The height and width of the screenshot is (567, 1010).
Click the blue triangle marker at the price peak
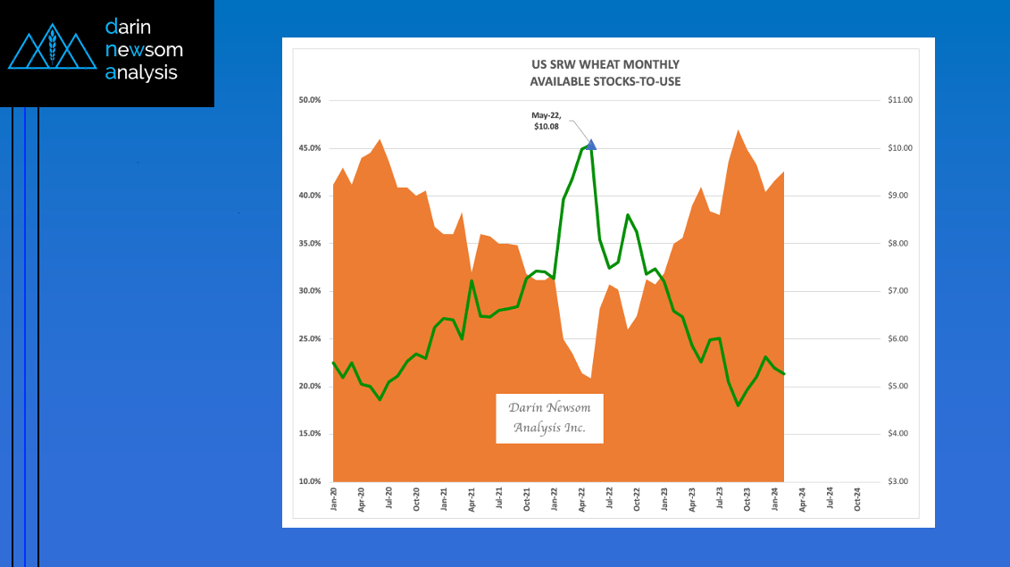tap(590, 144)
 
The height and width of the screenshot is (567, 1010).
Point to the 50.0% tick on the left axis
tap(309, 100)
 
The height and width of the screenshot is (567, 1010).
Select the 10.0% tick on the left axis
tap(309, 481)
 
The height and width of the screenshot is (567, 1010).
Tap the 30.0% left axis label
tap(309, 291)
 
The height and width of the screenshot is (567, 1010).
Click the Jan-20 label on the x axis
tap(334, 498)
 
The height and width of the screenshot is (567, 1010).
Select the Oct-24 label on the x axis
tap(858, 498)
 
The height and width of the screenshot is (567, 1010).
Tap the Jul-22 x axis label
tap(610, 498)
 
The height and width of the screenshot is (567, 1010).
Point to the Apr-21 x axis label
tap(472, 498)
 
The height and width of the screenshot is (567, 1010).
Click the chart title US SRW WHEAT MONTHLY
tap(604, 64)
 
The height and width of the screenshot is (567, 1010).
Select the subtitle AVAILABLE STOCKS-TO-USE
tap(604, 81)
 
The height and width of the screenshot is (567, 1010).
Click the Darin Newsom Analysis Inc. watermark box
tap(549, 418)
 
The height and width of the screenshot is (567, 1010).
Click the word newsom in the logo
tap(144, 50)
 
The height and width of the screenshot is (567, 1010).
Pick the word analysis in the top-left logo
tap(141, 72)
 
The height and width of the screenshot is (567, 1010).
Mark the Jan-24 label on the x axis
tap(775, 498)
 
